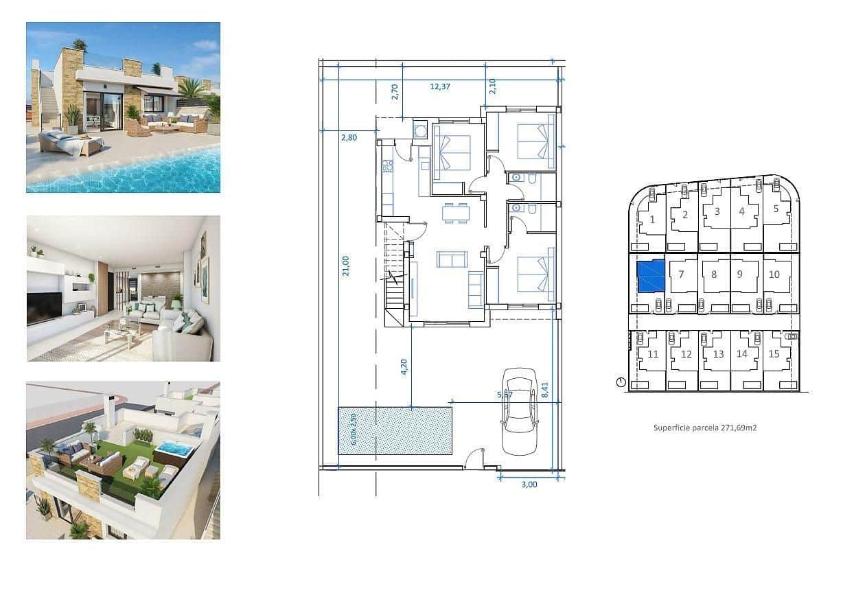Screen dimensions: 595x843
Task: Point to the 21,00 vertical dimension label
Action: click(346, 266)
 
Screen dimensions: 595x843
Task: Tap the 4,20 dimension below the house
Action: click(404, 367)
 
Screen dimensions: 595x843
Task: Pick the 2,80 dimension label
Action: click(349, 137)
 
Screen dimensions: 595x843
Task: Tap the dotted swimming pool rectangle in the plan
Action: click(395, 430)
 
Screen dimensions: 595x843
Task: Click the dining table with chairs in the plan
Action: click(452, 213)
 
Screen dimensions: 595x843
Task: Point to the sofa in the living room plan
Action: click(452, 260)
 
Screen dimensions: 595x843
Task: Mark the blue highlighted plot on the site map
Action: click(651, 276)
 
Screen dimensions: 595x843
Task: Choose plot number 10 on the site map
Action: click(774, 275)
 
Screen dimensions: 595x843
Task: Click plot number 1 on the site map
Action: click(651, 220)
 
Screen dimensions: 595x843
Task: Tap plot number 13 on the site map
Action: click(718, 355)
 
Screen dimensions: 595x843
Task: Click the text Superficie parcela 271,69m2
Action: click(704, 428)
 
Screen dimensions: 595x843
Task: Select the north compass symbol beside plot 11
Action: click(621, 382)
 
